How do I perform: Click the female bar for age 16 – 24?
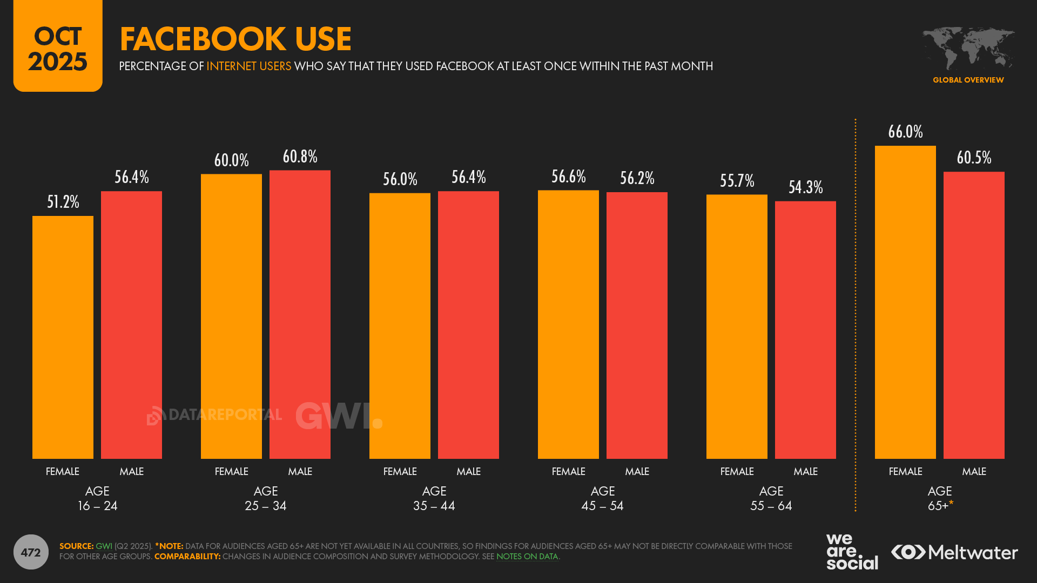pyautogui.click(x=63, y=337)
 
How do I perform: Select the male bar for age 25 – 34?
pyautogui.click(x=300, y=314)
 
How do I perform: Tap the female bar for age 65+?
pyautogui.click(x=905, y=302)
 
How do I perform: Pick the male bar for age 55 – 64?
pyautogui.click(x=805, y=330)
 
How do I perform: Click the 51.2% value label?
pyautogui.click(x=63, y=202)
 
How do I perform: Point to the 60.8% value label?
pyautogui.click(x=300, y=157)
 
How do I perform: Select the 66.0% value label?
pyautogui.click(x=905, y=132)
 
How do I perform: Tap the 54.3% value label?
pyautogui.click(x=805, y=187)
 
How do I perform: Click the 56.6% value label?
pyautogui.click(x=568, y=177)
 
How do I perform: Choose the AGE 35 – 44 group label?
pyautogui.click(x=434, y=498)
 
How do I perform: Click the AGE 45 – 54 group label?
pyautogui.click(x=603, y=498)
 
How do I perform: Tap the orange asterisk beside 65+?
pyautogui.click(x=951, y=503)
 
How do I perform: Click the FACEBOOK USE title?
pyautogui.click(x=235, y=39)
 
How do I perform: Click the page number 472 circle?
pyautogui.click(x=31, y=552)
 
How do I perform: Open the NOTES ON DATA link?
pyautogui.click(x=527, y=557)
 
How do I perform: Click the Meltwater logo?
pyautogui.click(x=954, y=552)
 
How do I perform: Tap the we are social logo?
pyautogui.click(x=851, y=552)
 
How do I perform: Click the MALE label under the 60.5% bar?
pyautogui.click(x=974, y=471)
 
